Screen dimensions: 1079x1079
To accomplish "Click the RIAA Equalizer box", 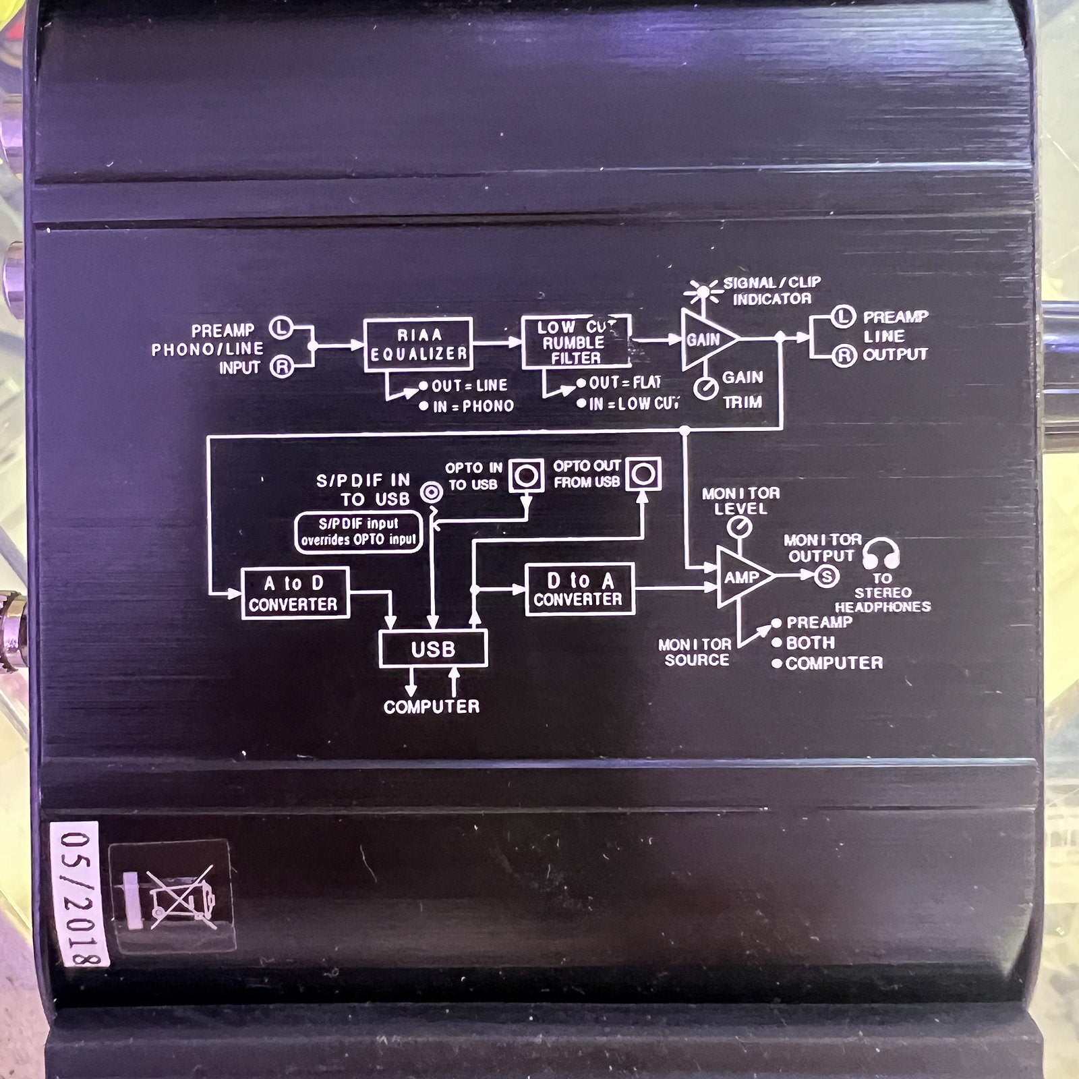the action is coord(418,345).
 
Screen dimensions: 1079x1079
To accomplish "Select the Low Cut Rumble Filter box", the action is coord(577,341).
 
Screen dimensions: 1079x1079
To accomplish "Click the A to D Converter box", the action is coord(295,593).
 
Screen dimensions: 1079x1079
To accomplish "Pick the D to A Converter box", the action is coord(580,589).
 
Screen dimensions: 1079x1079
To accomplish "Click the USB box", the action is coord(433,649).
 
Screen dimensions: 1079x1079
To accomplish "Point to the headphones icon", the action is coord(881,553).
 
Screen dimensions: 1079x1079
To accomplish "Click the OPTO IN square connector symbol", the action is coord(526,475).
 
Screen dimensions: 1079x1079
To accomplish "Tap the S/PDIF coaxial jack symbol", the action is coord(432,493).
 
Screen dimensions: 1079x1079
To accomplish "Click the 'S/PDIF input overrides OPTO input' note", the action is coord(359,531).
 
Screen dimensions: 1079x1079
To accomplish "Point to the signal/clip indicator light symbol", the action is coord(702,292).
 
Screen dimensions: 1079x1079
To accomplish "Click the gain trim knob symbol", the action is coord(705,388).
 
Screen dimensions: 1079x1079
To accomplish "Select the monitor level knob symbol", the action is coord(741,526).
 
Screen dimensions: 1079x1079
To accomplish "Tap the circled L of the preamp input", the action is coord(281,328).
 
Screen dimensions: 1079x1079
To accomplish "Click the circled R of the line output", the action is coord(844,355).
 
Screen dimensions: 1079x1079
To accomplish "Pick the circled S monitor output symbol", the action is coord(827,576).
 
